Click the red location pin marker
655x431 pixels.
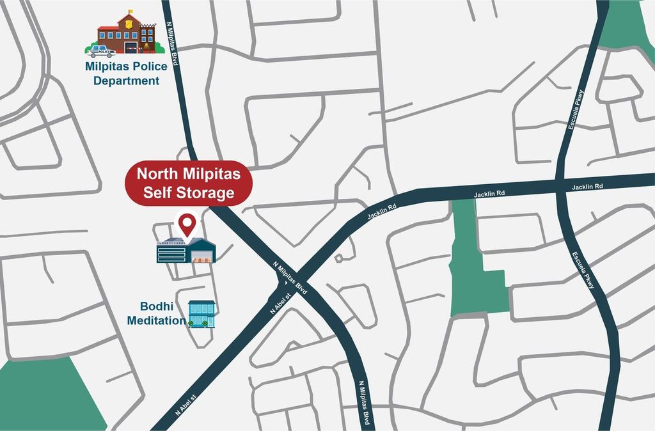(187, 224)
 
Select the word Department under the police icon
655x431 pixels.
(126, 81)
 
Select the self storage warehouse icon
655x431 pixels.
(186, 250)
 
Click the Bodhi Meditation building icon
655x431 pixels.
(201, 314)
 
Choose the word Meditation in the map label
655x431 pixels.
(156, 320)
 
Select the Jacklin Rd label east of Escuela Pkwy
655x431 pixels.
(587, 187)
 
